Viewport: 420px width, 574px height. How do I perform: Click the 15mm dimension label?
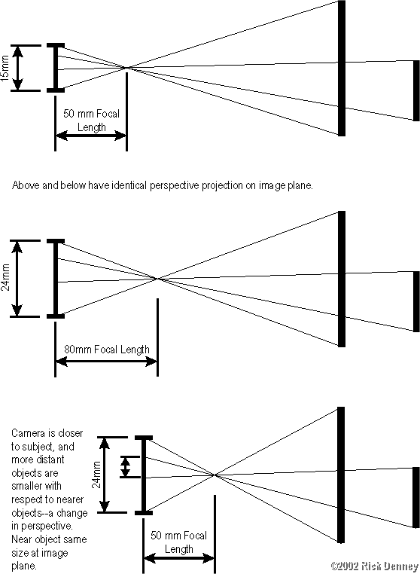click(7, 69)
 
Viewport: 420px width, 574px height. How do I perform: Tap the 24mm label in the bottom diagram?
click(96, 475)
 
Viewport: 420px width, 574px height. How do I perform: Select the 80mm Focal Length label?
click(106, 350)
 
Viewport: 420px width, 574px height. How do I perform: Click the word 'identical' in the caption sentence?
click(145, 183)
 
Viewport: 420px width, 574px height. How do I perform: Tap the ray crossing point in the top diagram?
click(126, 68)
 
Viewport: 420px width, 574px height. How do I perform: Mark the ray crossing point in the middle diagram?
click(157, 279)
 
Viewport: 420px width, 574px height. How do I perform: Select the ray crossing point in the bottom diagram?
click(215, 475)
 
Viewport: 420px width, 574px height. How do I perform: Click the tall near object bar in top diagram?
click(341, 68)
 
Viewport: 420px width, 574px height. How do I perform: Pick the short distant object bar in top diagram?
click(415, 90)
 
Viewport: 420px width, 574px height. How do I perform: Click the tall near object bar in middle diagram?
click(341, 279)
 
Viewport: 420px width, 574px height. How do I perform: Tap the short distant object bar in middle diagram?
click(415, 301)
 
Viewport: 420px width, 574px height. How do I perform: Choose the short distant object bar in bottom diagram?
click(415, 497)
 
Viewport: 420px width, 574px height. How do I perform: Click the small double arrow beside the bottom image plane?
click(126, 466)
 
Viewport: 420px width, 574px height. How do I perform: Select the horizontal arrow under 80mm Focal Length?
click(106, 362)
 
